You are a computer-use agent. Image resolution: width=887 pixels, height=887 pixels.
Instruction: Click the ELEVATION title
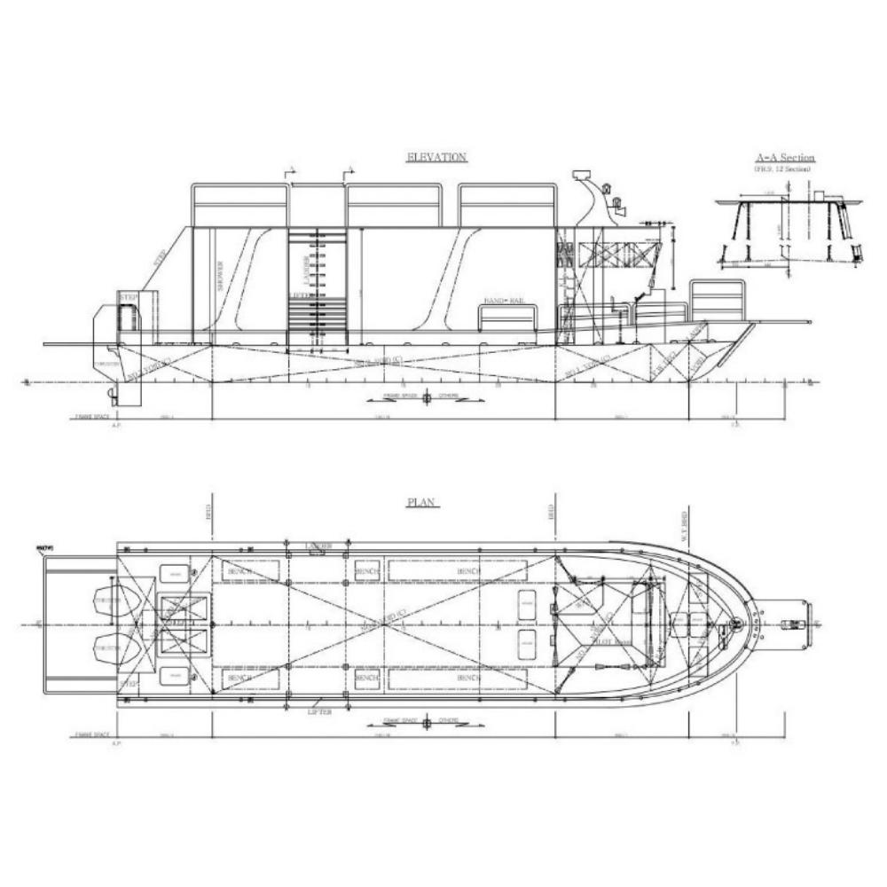point(436,157)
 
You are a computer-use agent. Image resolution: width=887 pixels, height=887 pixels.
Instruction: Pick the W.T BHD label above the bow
point(684,527)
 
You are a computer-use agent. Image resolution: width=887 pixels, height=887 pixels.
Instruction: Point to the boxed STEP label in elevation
point(129,296)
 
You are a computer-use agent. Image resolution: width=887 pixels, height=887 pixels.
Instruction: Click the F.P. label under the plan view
point(734,742)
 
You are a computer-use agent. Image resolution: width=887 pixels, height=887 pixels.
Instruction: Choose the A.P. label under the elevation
point(115,425)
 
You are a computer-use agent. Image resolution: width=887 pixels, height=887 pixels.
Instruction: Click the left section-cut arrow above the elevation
point(288,170)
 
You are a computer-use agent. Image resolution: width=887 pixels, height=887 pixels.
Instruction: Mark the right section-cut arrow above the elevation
point(348,170)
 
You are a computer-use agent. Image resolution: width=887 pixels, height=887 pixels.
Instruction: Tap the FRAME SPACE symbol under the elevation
point(426,398)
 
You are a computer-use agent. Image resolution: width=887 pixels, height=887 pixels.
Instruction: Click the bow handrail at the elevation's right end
point(717,299)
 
